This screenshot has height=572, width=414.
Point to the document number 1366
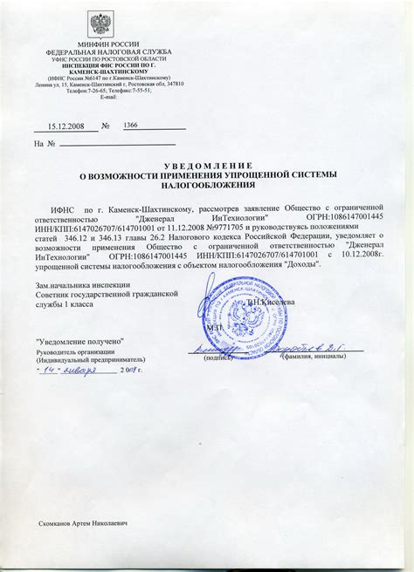click(131, 125)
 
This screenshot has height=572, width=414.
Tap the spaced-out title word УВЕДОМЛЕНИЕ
click(207, 165)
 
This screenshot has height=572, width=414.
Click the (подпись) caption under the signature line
click(217, 357)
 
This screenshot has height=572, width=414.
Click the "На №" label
click(45, 143)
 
